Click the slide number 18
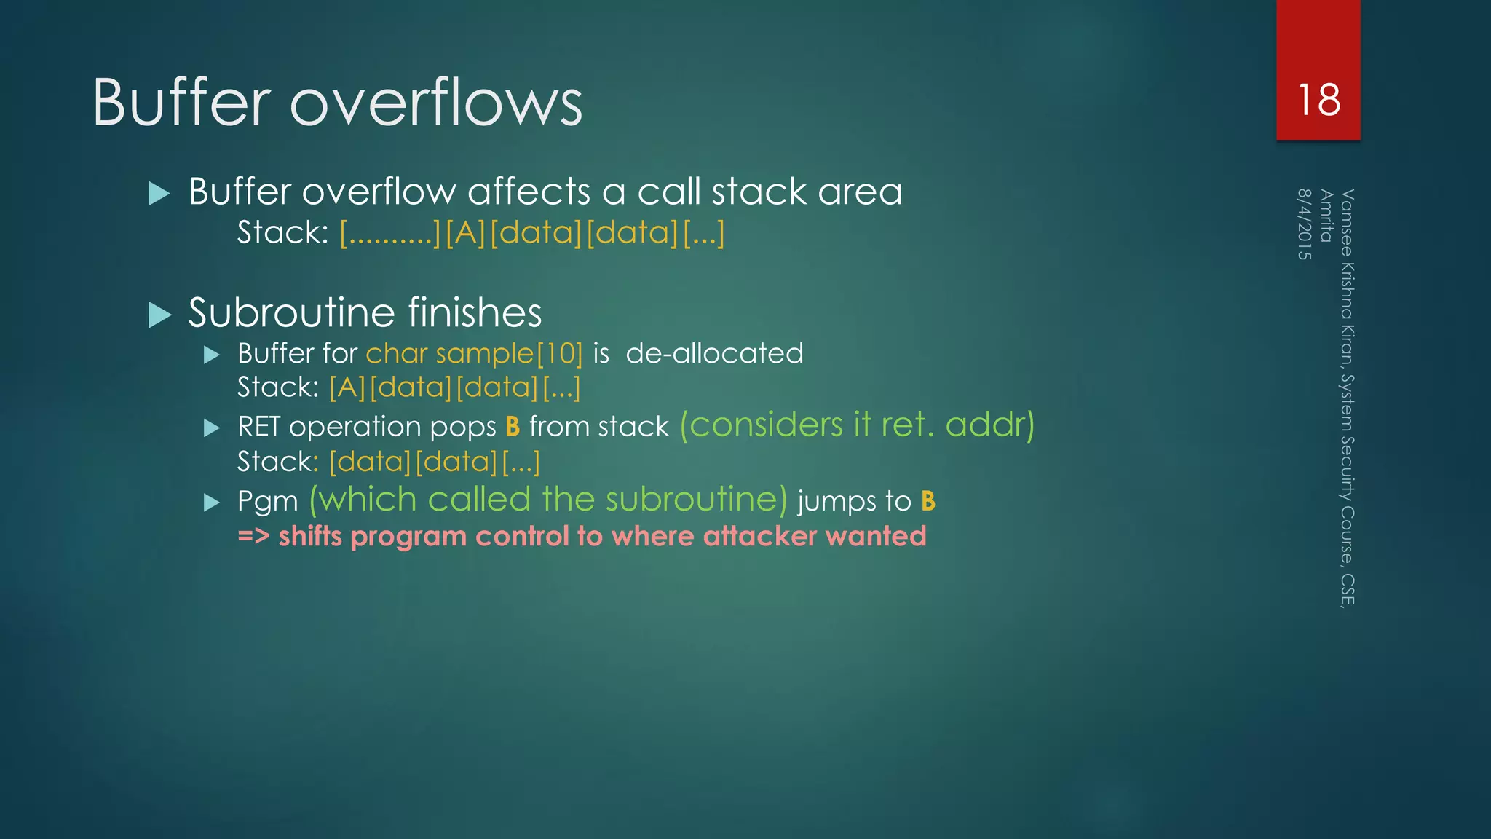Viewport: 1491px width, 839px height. point(1318,100)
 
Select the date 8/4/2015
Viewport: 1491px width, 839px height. point(1305,224)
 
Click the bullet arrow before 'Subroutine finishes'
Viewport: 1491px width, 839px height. point(159,315)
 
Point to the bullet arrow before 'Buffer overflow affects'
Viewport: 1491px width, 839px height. point(159,194)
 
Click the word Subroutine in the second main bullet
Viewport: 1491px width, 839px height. point(291,313)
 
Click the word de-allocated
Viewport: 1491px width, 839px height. point(714,354)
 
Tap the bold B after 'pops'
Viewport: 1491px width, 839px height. point(513,427)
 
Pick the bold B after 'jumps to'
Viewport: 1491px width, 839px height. point(928,501)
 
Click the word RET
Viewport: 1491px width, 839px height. point(258,427)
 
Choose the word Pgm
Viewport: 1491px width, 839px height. point(267,502)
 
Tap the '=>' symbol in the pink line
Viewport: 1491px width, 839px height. point(253,537)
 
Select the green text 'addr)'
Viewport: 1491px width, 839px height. point(989,425)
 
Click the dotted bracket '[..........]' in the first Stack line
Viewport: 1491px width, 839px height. point(390,233)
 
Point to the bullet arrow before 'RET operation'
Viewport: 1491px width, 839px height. point(212,428)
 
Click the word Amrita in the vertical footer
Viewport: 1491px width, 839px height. point(1326,216)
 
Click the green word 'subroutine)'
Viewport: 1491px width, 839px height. point(696,500)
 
